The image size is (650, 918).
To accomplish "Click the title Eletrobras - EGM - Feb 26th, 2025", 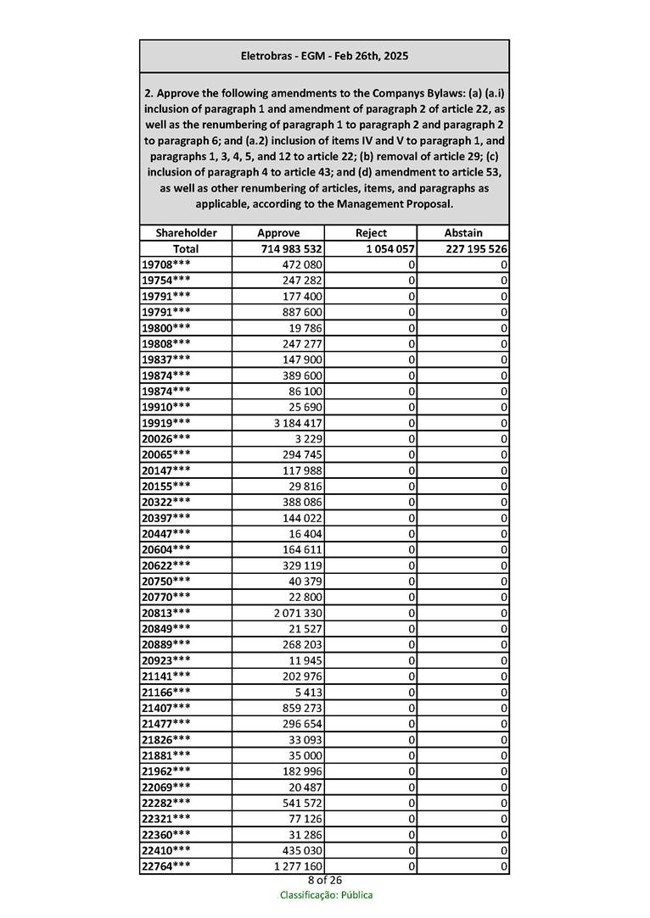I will [324, 56].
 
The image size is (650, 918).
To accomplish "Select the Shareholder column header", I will [186, 233].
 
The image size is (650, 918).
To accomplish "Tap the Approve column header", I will [278, 233].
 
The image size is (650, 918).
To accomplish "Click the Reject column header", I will [371, 233].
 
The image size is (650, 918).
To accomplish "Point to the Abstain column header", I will [463, 233].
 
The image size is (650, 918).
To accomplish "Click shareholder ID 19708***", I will [165, 264].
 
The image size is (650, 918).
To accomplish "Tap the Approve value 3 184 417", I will [296, 423].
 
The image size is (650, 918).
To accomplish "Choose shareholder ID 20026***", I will [165, 439].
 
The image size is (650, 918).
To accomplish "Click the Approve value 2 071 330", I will [296, 613].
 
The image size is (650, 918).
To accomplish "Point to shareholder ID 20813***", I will [165, 613].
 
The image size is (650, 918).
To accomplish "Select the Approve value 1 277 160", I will [296, 866].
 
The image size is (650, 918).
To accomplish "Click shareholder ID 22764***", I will [165, 866].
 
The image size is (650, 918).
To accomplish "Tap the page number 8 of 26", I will [325, 881].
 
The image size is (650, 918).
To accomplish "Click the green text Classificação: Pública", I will [326, 895].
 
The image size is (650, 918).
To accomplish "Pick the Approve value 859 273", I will [302, 708].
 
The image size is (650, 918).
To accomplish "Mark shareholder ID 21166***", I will [165, 693].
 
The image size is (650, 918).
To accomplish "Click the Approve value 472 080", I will [302, 264].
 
